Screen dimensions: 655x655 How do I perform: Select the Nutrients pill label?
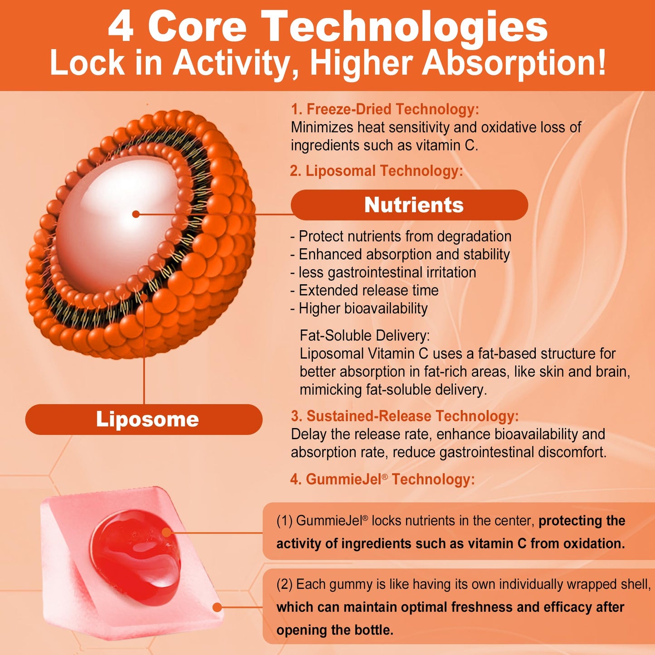[409, 205]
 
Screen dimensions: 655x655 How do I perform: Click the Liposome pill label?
[144, 419]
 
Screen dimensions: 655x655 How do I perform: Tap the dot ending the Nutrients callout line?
[136, 214]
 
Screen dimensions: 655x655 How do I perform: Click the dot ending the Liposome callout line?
[144, 297]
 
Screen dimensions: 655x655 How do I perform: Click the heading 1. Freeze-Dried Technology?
[385, 109]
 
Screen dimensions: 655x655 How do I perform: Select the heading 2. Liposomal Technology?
[376, 170]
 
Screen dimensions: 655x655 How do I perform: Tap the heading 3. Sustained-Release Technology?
[405, 416]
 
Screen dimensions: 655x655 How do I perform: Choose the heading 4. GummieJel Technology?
[383, 479]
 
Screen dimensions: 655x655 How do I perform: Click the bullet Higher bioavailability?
[359, 308]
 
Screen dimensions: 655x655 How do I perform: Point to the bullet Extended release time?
[364, 290]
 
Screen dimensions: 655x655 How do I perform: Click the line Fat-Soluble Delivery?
[365, 335]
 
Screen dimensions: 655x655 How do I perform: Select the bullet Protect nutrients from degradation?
[401, 236]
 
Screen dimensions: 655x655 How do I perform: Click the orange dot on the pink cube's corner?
[217, 607]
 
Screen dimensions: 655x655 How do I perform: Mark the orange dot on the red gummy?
[166, 532]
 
